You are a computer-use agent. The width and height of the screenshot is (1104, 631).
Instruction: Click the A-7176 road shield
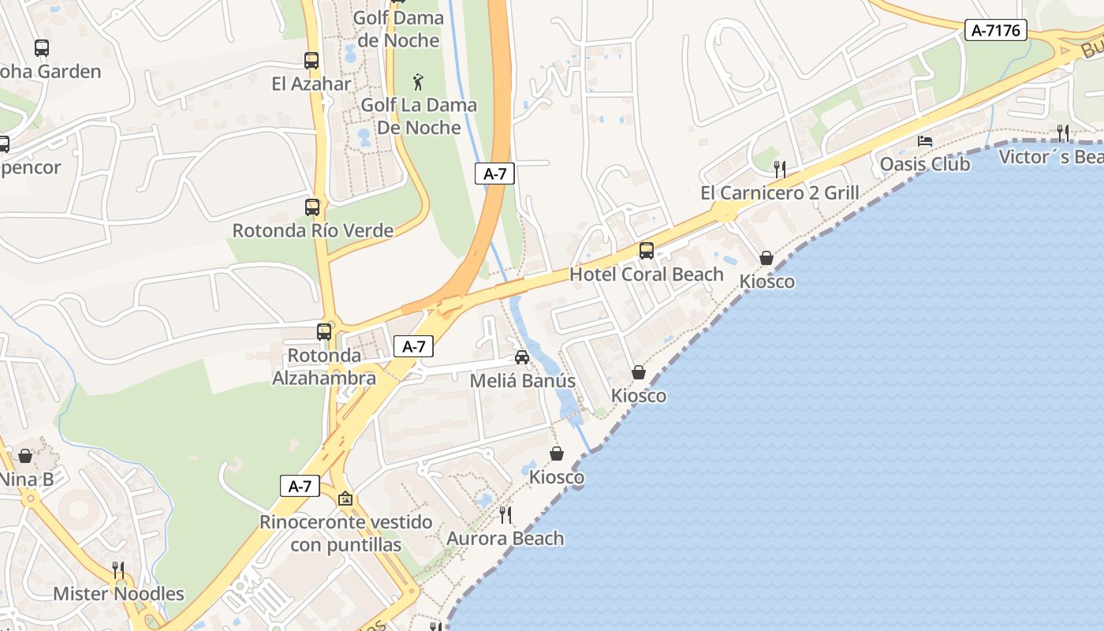(996, 31)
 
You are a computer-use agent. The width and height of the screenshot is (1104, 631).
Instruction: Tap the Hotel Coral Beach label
(647, 274)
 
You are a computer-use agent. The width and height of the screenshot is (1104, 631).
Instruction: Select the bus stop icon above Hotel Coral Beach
(647, 251)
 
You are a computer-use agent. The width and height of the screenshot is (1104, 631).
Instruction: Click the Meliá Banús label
(522, 380)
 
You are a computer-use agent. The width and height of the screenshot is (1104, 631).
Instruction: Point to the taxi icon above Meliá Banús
(522, 357)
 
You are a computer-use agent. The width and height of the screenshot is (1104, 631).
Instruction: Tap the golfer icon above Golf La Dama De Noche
(418, 81)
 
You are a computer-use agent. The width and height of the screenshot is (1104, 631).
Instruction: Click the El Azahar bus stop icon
(311, 61)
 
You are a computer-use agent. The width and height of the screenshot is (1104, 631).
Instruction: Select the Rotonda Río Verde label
(312, 230)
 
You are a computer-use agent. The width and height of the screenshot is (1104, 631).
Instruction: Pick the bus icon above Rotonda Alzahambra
(324, 332)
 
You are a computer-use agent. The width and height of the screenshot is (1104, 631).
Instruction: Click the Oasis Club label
(925, 164)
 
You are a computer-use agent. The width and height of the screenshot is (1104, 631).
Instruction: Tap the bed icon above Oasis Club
(925, 141)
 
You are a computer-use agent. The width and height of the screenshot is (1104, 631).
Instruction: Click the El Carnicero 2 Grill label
(779, 193)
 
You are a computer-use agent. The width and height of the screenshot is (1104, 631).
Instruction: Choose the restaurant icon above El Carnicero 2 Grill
(779, 169)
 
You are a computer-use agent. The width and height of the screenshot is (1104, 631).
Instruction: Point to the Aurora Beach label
(505, 539)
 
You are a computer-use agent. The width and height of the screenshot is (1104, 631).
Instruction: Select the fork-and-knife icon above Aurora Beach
(505, 515)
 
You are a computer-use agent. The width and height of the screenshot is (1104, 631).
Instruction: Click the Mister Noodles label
(118, 594)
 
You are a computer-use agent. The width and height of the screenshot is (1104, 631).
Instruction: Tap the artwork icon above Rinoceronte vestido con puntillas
(345, 498)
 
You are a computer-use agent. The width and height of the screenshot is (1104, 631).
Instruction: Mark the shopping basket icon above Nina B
(25, 456)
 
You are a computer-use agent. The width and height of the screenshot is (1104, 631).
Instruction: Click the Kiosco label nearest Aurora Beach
(557, 477)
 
